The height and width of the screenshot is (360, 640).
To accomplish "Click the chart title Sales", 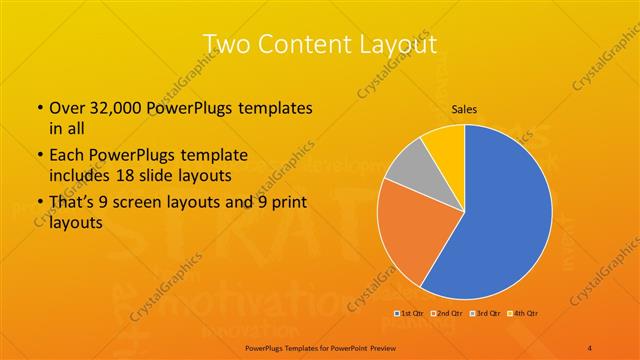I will tap(464, 109).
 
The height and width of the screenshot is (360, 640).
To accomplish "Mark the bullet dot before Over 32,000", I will tap(39, 108).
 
